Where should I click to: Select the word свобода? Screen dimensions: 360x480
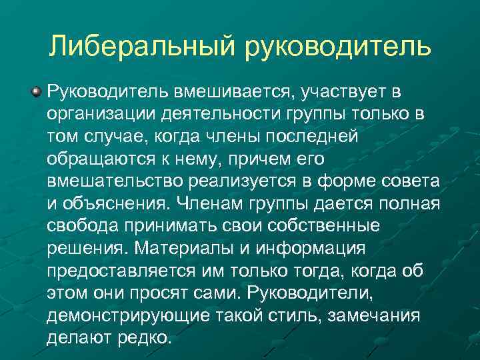[x=79, y=226]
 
